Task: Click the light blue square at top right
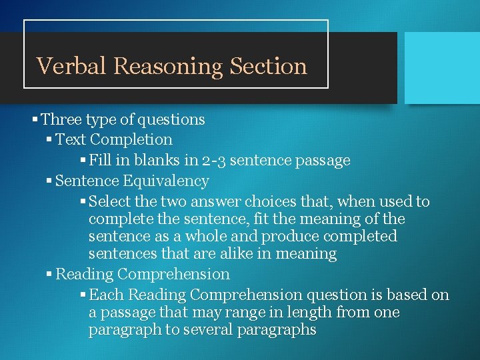click(x=442, y=68)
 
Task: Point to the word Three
click(x=61, y=120)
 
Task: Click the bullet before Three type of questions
click(x=35, y=120)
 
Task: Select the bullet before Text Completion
click(x=50, y=140)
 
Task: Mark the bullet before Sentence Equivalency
click(x=50, y=181)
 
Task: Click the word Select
click(x=109, y=201)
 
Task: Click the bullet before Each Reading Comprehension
click(x=83, y=295)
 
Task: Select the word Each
click(x=106, y=295)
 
